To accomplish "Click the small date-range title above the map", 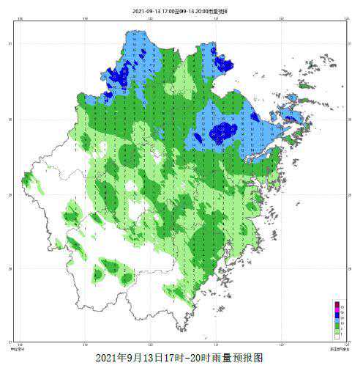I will pos(180,12).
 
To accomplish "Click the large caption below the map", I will pos(179,359).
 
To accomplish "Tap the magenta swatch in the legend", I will pos(337,310).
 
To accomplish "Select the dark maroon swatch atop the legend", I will pos(337,304).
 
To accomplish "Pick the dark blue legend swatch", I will pos(337,316).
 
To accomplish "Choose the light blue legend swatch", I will pos(337,322).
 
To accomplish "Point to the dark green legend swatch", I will pos(337,328).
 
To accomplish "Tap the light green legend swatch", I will pos(337,333).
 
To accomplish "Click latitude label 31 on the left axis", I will pos(10,45).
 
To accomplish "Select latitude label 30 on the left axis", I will pos(10,120).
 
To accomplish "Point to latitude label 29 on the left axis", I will pos(10,194).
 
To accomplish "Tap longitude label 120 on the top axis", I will pos(151,19).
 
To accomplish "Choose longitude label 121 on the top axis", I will pos(216,19).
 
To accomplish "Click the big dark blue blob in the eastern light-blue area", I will pos(221,132).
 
